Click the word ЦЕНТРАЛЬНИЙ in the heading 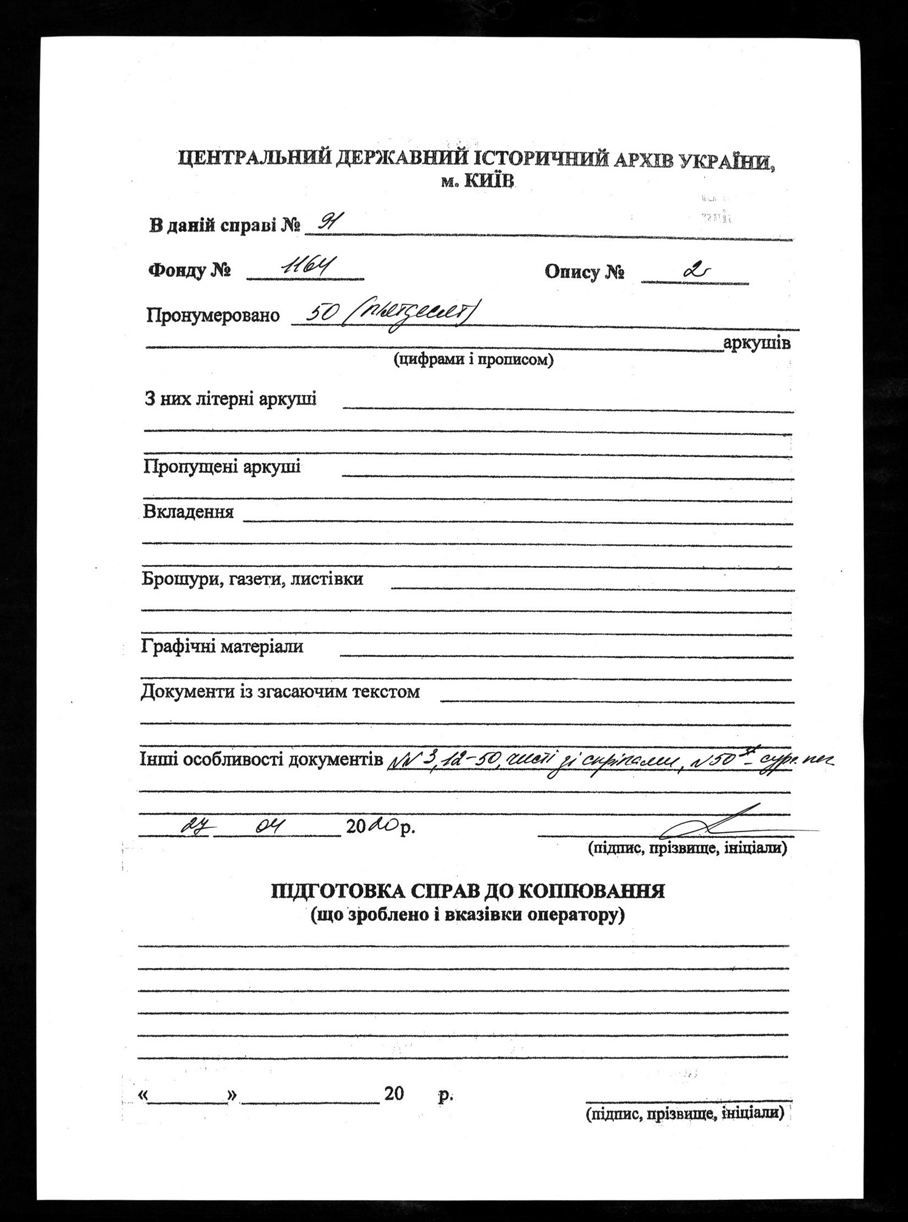point(252,160)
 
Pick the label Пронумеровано point(213,316)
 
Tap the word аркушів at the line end point(757,344)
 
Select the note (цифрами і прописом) point(473,361)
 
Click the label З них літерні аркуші point(230,399)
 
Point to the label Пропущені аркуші point(222,467)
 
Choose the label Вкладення point(188,512)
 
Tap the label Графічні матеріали point(222,646)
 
